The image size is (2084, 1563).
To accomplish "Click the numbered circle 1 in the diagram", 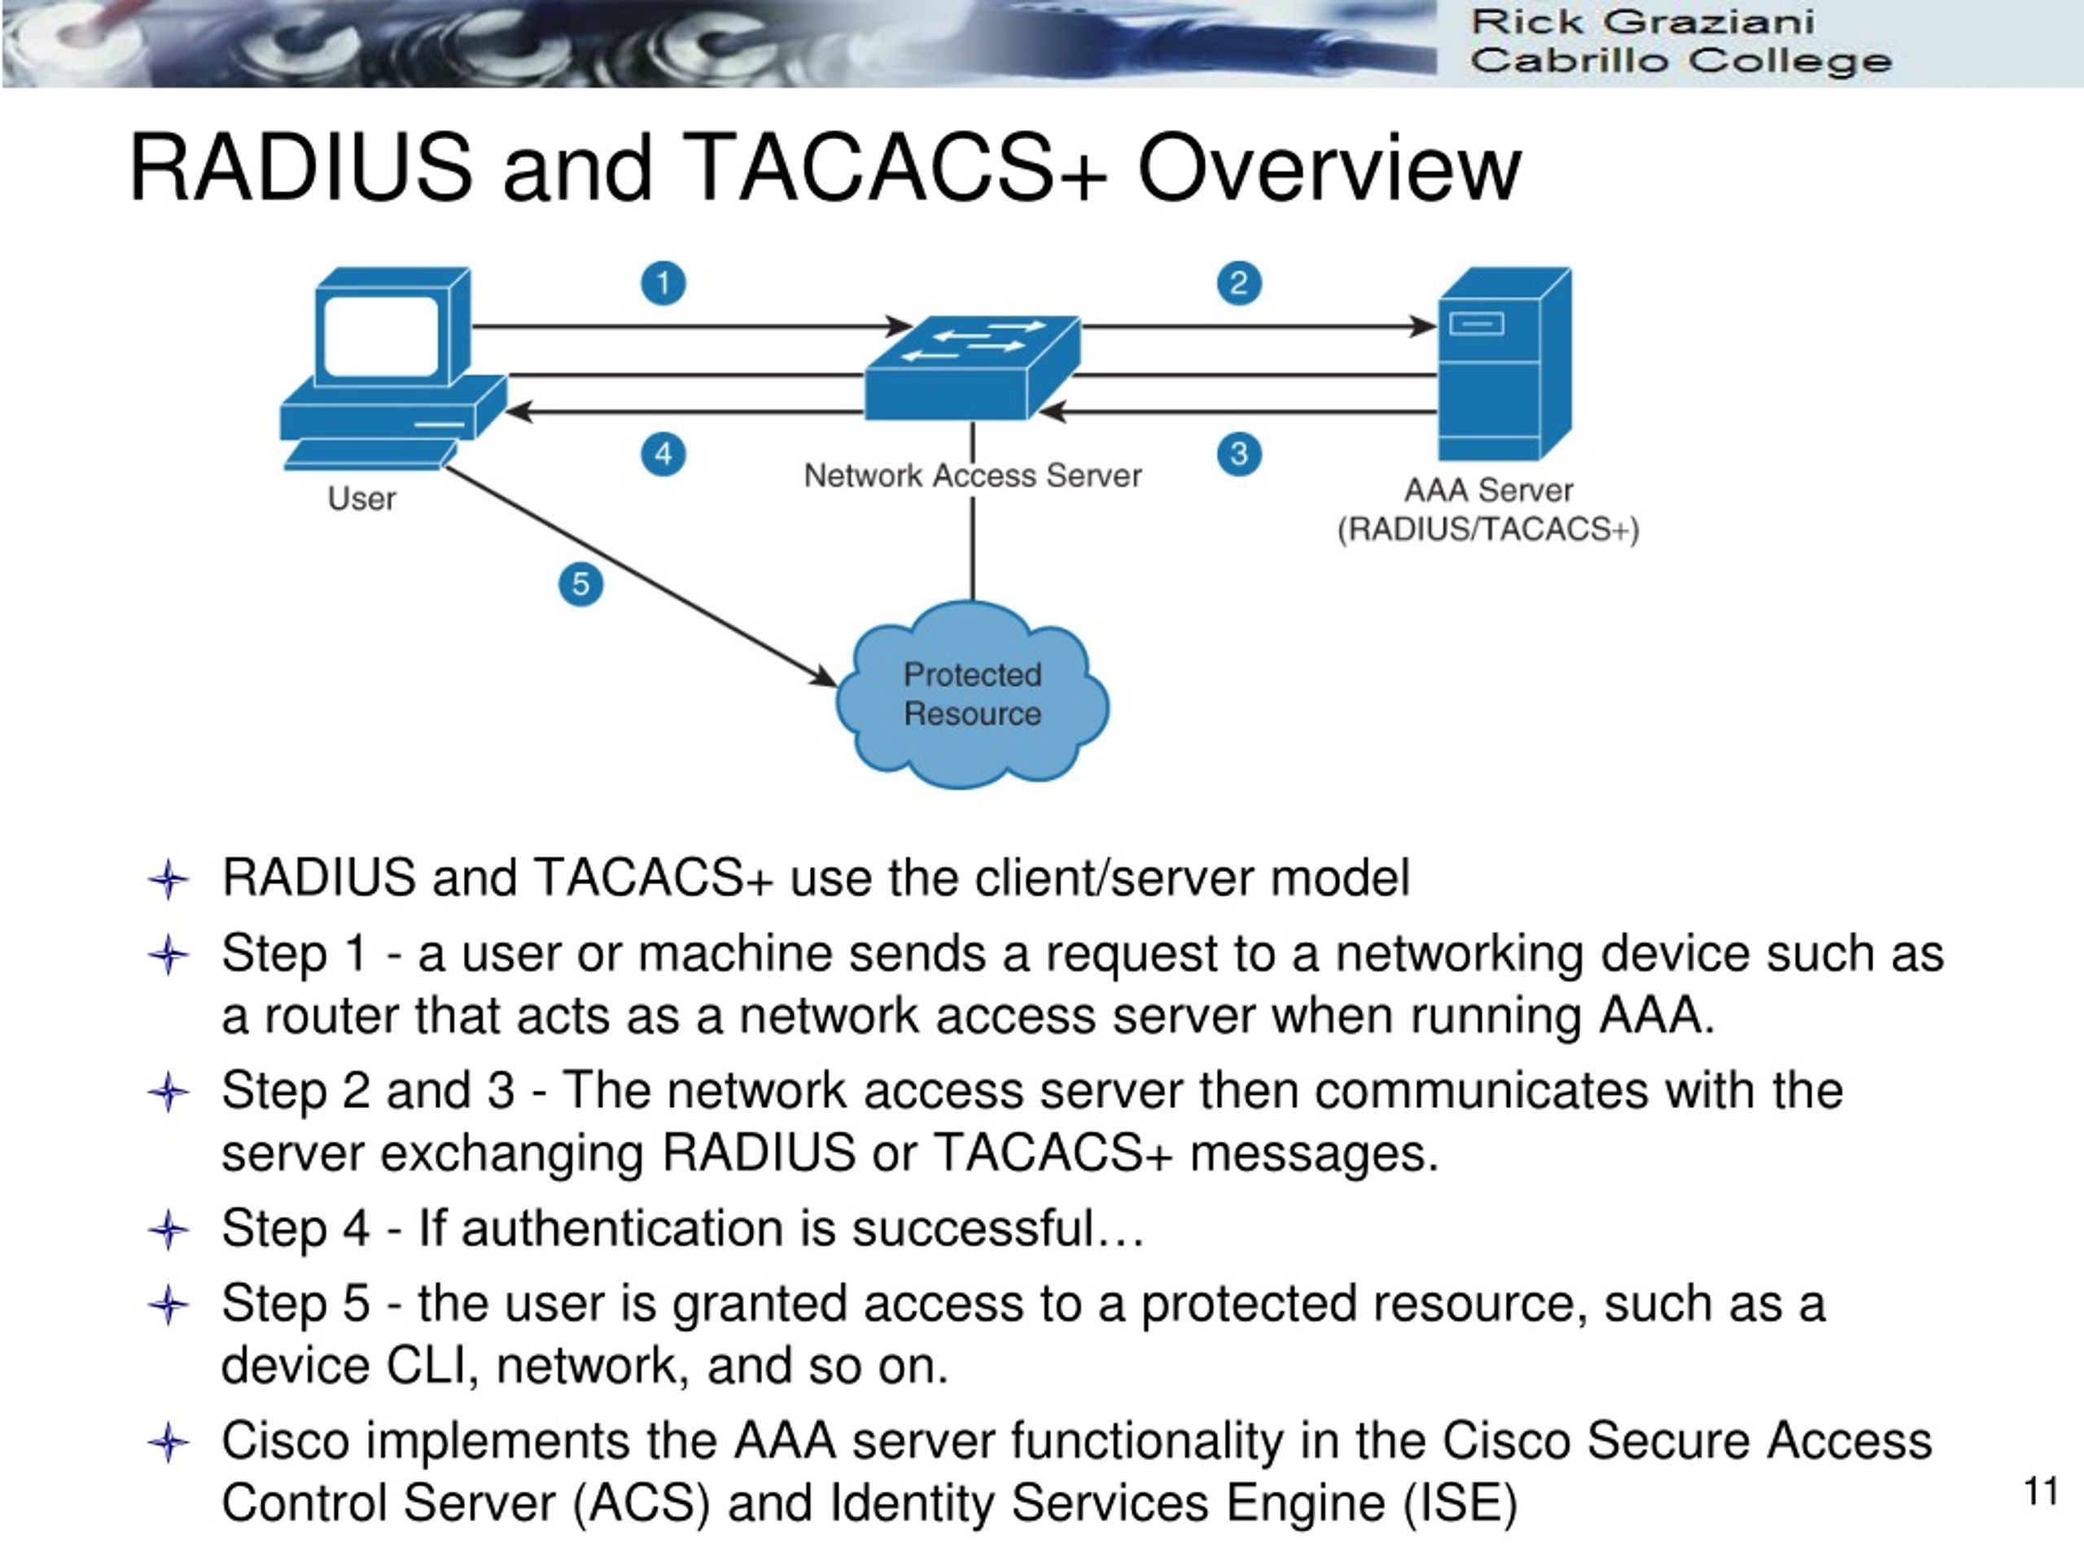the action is tap(663, 283).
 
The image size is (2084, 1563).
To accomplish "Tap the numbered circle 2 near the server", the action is tap(1239, 283).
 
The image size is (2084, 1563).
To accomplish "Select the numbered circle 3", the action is tap(1239, 455).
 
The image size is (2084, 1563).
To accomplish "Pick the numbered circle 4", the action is tap(663, 455).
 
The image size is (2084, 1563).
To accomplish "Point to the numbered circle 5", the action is tap(580, 584).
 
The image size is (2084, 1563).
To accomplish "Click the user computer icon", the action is tap(394, 369).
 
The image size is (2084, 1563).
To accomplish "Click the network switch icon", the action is tap(972, 367).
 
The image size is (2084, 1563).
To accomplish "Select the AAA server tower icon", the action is tap(1504, 364).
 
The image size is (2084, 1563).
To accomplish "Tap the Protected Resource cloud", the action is tap(972, 694).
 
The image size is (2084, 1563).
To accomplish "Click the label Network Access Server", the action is tap(972, 475).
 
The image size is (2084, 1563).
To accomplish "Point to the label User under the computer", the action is tap(361, 498).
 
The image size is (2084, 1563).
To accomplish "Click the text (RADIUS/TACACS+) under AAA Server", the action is tap(1489, 529).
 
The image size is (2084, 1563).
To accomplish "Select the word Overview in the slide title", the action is tap(1329, 168).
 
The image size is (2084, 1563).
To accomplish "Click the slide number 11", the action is tap(2041, 1491).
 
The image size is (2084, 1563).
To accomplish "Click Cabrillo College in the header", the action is tap(1681, 61).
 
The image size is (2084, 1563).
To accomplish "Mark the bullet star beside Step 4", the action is tap(169, 1229).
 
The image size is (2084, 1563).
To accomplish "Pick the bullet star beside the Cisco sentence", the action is tap(169, 1443).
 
